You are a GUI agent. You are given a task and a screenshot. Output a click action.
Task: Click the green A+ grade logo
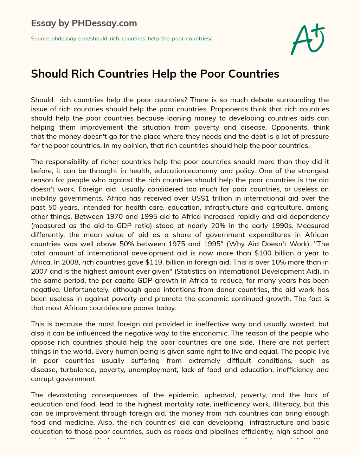[x=308, y=39]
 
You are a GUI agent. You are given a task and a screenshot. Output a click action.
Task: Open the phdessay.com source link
[x=131, y=39]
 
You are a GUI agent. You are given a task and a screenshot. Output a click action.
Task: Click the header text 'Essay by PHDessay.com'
[x=84, y=24]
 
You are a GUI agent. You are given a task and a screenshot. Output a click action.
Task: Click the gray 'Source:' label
[x=40, y=39]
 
